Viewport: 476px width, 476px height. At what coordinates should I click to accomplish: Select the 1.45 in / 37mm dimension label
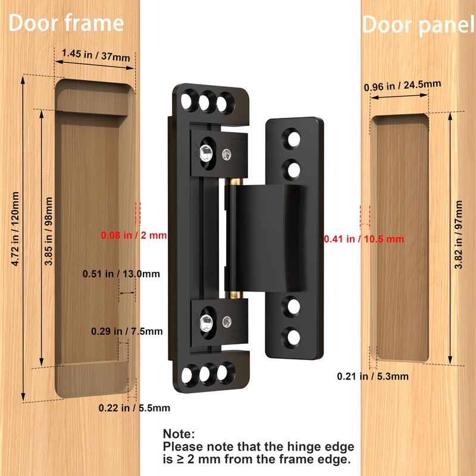95,55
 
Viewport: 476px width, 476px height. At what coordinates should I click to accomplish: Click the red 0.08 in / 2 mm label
134,235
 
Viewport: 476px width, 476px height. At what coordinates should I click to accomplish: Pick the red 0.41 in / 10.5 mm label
364,239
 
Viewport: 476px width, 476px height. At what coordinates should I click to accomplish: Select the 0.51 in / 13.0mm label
121,274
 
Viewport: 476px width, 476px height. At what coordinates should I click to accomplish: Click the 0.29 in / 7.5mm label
127,331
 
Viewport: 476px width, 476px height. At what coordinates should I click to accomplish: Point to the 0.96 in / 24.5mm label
402,86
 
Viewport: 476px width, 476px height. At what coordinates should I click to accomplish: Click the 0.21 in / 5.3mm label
373,375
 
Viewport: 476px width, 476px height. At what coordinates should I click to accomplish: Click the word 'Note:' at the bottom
179,435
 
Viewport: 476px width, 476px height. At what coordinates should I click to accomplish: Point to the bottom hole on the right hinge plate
294,339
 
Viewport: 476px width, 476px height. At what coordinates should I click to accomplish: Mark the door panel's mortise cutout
402,238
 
